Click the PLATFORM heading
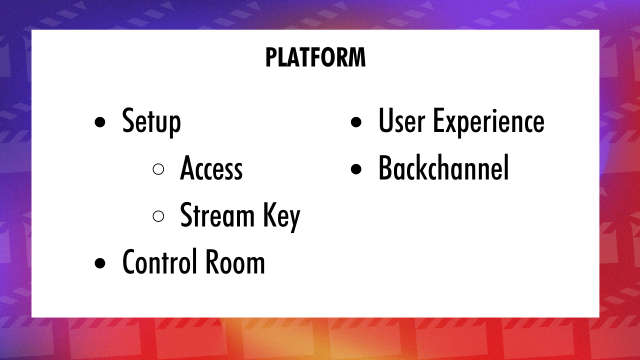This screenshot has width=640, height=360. pos(315,58)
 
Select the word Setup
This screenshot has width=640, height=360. pos(151,121)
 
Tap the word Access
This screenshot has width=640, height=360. pos(211,169)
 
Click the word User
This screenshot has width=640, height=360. pos(402,121)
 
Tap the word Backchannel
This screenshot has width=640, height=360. pos(443,168)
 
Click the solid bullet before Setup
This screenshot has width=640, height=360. pos(100,122)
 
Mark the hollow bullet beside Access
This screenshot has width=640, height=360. pos(158,169)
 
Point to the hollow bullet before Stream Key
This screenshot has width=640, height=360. pos(158,216)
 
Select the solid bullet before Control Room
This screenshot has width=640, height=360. pos(100,263)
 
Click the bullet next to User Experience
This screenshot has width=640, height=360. pos(356,122)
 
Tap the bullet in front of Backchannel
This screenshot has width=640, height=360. pos(356,169)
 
